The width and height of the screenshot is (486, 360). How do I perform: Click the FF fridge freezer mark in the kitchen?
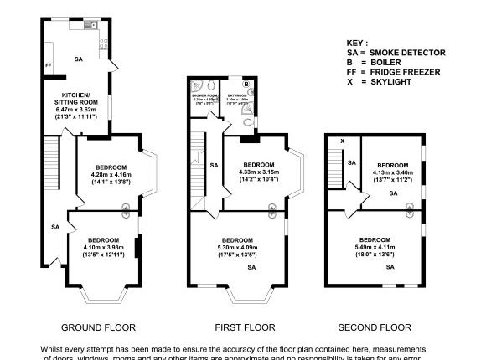click(49, 64)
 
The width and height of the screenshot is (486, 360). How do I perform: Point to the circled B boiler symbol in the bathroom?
click(246, 85)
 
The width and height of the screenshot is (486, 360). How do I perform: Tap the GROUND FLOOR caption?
click(99, 327)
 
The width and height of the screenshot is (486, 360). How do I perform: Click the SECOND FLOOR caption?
click(374, 327)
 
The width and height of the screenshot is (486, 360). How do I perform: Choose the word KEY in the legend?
click(357, 42)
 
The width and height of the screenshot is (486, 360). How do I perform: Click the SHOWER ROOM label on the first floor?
click(205, 95)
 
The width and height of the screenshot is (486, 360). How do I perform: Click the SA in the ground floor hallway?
click(55, 227)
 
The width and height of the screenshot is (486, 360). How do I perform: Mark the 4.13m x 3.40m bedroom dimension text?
click(391, 174)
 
